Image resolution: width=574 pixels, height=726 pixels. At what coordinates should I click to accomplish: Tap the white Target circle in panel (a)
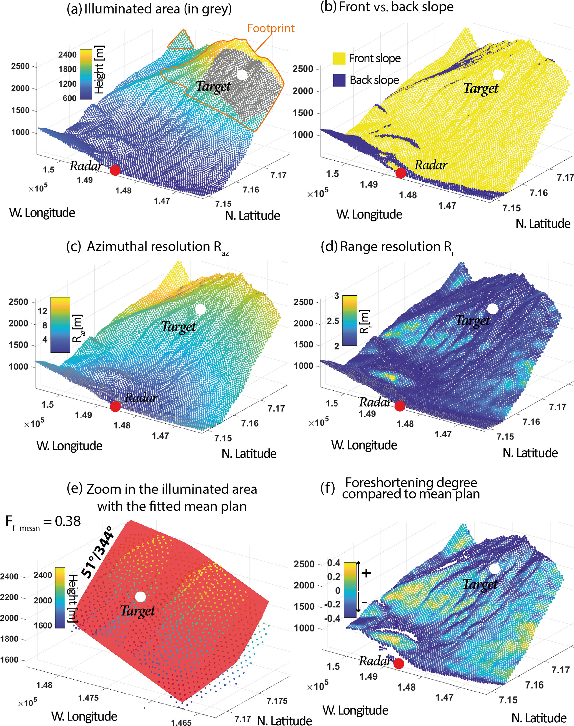click(242, 75)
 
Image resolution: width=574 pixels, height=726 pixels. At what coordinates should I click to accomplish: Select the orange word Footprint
click(271, 28)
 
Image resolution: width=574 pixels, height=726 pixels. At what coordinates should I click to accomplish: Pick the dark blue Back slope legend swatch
click(339, 80)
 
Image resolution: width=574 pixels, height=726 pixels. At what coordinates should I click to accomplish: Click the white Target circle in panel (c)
click(200, 309)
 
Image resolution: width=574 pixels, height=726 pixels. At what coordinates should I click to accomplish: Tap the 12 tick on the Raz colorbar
click(42, 311)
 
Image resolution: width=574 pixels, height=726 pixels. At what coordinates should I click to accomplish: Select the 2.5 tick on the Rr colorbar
click(333, 321)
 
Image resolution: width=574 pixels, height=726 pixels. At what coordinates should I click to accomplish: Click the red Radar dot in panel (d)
click(400, 406)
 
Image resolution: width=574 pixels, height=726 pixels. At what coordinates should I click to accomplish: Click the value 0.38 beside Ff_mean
click(67, 521)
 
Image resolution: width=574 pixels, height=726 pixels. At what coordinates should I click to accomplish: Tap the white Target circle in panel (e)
click(141, 597)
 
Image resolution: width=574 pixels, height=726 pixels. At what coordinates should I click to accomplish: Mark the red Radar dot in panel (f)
click(398, 663)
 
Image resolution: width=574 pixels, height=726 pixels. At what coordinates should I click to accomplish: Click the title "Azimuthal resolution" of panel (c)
click(148, 247)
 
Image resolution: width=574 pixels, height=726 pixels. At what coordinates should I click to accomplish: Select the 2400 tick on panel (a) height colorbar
click(67, 55)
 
